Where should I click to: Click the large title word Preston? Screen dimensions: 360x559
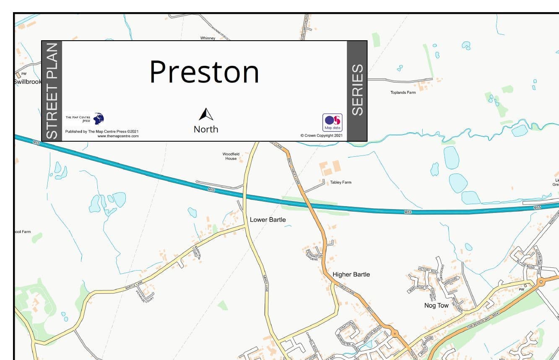(x=204, y=72)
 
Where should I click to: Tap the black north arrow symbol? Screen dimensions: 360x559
(x=206, y=114)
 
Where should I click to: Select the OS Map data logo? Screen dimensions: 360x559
(x=332, y=122)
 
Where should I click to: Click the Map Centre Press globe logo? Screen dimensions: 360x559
(x=99, y=119)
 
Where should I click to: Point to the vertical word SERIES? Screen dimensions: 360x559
(x=357, y=90)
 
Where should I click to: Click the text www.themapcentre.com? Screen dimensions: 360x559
(x=118, y=136)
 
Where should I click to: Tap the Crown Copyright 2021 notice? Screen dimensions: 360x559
(x=322, y=136)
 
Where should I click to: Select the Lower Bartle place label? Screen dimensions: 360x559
(x=268, y=220)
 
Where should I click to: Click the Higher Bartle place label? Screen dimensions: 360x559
(x=351, y=275)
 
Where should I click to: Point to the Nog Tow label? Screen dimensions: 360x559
(x=436, y=306)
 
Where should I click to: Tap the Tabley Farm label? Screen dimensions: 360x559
(x=341, y=182)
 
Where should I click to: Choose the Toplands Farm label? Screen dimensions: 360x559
(x=403, y=93)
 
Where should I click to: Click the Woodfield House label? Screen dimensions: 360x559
(x=231, y=156)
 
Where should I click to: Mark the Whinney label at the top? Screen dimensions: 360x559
(x=208, y=38)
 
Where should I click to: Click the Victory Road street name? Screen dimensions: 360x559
(x=428, y=270)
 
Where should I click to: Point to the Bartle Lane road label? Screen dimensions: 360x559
(x=134, y=286)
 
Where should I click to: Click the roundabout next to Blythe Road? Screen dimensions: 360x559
(x=541, y=282)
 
